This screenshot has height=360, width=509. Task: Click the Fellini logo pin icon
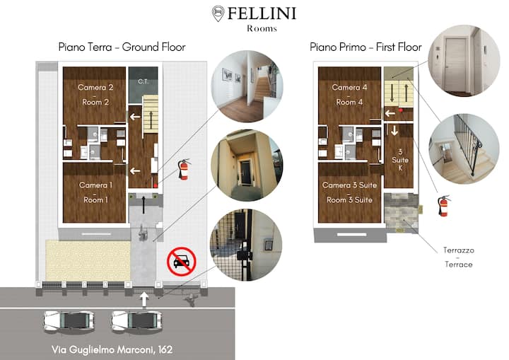(218, 13)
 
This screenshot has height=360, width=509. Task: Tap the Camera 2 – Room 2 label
(95, 95)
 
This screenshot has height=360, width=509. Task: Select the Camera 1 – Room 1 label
(95, 192)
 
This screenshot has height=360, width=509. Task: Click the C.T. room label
(143, 81)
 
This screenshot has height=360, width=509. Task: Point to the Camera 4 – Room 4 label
(349, 95)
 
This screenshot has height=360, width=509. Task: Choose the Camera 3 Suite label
(349, 192)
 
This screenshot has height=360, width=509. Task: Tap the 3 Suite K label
(400, 160)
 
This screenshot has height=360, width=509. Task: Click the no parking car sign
(182, 262)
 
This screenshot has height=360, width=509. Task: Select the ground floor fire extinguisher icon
(184, 169)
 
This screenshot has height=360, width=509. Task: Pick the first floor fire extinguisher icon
(444, 206)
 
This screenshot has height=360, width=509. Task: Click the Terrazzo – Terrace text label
(458, 257)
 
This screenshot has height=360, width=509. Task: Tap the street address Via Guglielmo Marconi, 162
(112, 349)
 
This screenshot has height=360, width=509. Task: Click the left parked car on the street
(69, 321)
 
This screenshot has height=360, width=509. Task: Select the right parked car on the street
(136, 321)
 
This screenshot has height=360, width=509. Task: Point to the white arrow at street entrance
(144, 299)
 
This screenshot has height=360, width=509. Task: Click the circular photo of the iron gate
(246, 245)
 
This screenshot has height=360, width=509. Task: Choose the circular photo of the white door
(464, 61)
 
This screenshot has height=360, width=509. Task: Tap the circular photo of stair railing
(464, 149)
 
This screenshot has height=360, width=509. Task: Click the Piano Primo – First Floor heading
(365, 47)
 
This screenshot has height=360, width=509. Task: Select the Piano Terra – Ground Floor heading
(122, 47)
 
